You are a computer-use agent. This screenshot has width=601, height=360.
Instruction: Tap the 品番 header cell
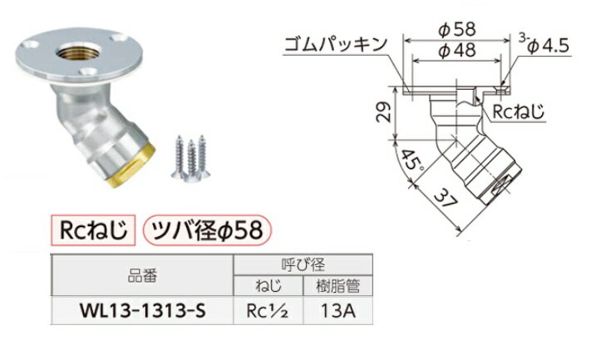(x=144, y=274)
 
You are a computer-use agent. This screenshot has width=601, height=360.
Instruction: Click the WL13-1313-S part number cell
(x=143, y=312)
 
